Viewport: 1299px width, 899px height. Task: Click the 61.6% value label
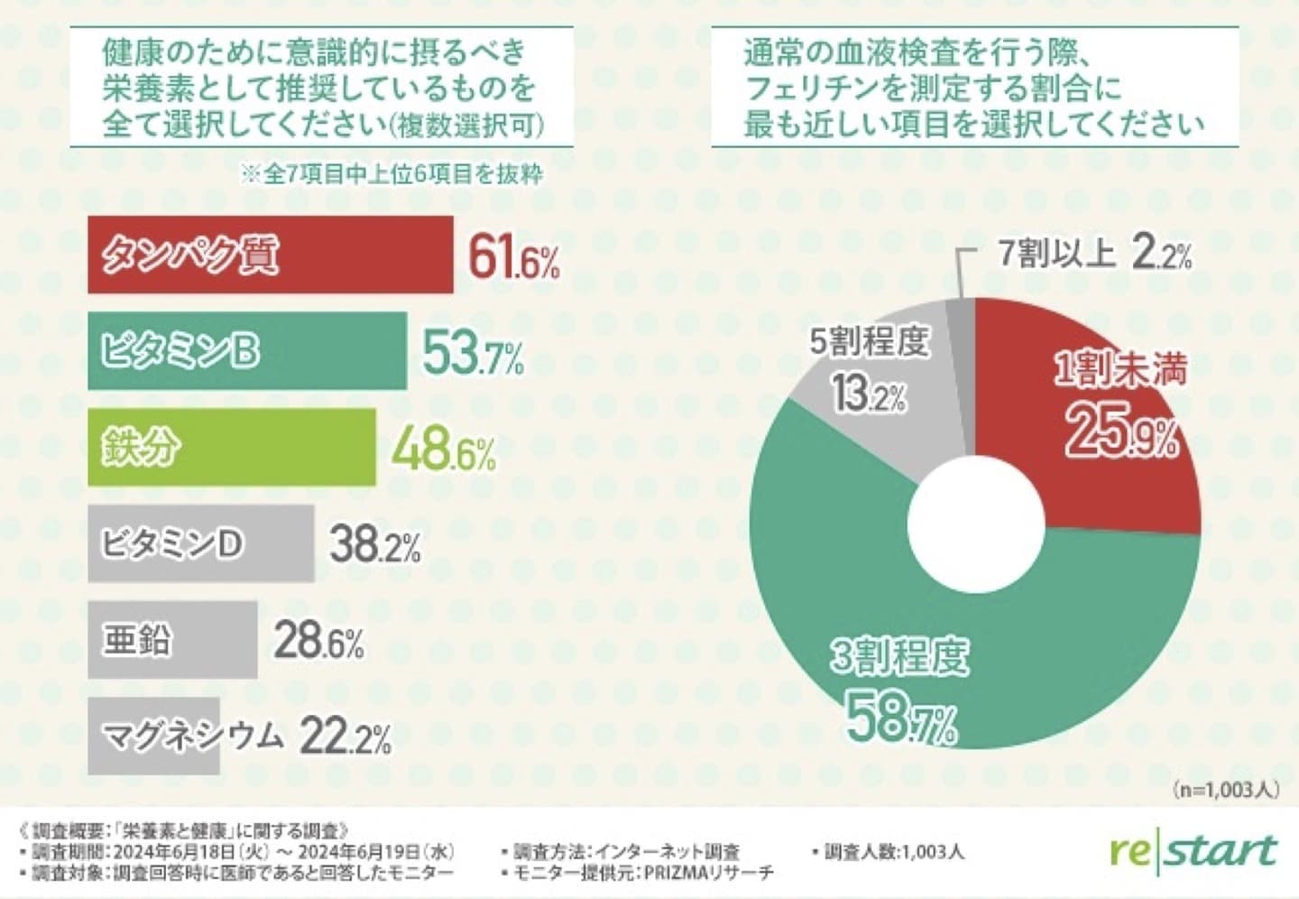pyautogui.click(x=513, y=259)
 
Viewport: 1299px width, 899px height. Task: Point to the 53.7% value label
pyautogui.click(x=473, y=355)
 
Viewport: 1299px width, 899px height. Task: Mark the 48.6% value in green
pyautogui.click(x=443, y=450)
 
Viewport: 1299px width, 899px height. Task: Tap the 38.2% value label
pyautogui.click(x=374, y=545)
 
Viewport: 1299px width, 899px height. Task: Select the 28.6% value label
pyautogui.click(x=318, y=642)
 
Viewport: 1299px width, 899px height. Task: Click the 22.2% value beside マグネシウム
pyautogui.click(x=345, y=737)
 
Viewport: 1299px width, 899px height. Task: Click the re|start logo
pyautogui.click(x=1193, y=851)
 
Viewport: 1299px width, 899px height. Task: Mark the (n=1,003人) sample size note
pyautogui.click(x=1226, y=790)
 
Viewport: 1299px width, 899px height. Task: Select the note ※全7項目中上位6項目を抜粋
pyautogui.click(x=391, y=173)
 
